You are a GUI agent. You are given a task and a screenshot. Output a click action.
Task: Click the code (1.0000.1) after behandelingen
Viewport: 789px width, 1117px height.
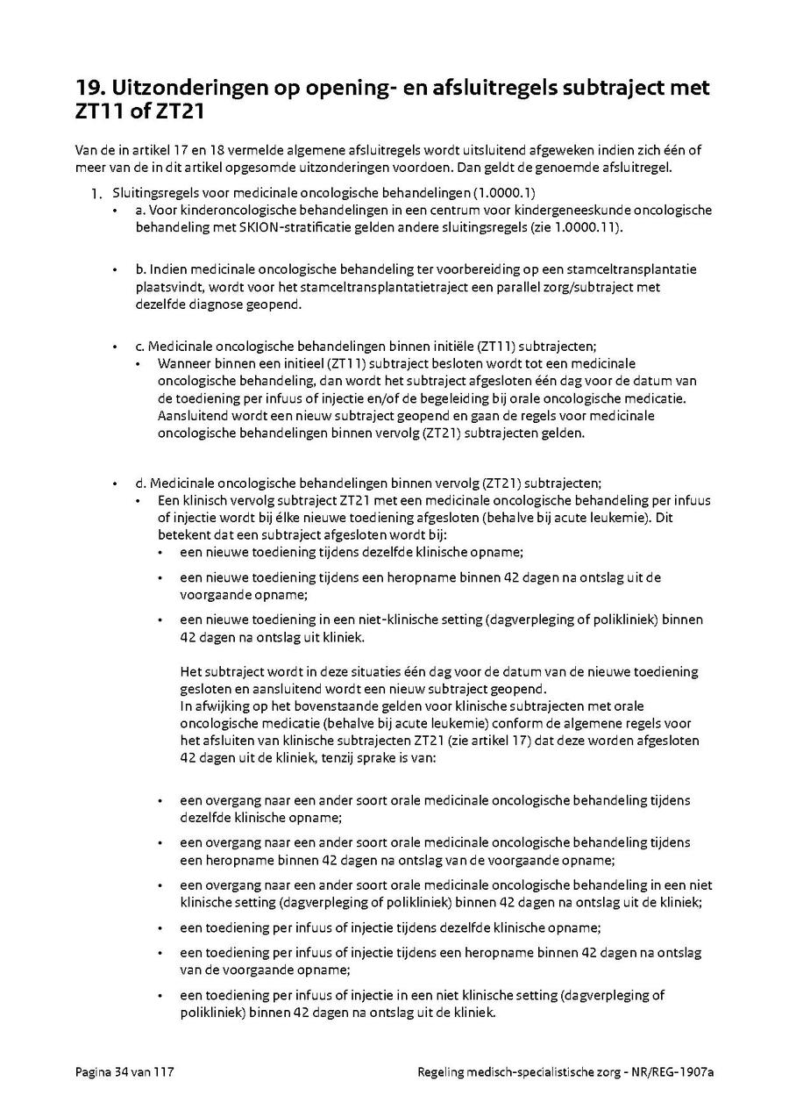512,191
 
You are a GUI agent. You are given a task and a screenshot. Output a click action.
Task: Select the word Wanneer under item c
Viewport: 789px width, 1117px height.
186,363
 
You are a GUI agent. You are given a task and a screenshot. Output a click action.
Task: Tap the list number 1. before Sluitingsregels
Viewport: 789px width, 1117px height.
97,192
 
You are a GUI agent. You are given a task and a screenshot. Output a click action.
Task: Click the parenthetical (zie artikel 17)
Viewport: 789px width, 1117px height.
508,740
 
